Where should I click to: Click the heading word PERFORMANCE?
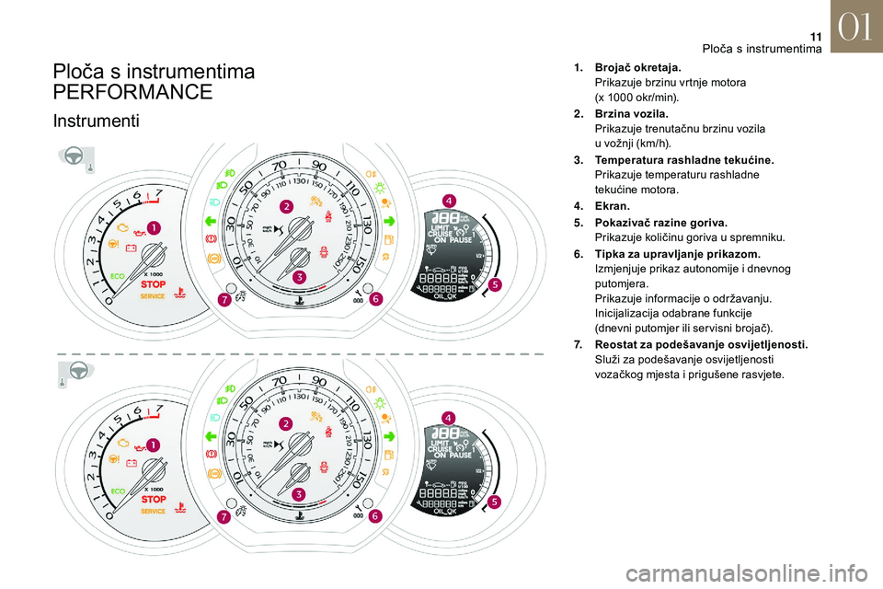point(133,92)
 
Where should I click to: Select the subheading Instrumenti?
point(96,121)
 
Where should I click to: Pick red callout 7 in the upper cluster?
point(224,300)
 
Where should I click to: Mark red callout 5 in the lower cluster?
point(495,502)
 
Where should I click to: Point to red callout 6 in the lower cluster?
point(375,517)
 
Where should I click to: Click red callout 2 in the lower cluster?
point(286,423)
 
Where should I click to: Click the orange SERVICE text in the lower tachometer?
point(153,511)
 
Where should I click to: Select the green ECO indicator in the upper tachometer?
point(118,273)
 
